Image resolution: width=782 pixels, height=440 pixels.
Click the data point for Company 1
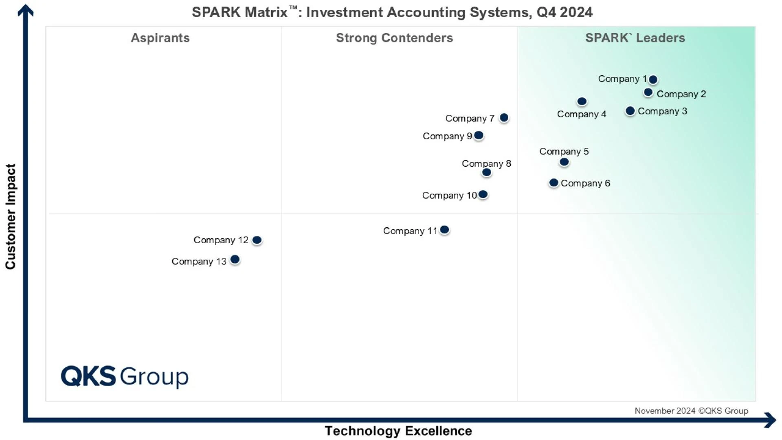pos(653,79)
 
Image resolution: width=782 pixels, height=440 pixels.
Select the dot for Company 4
pos(582,101)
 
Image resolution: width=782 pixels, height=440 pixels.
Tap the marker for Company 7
pos(504,118)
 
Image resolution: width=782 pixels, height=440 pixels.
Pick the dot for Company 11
pos(444,230)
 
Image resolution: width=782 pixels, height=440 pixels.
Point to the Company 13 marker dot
pos(235,260)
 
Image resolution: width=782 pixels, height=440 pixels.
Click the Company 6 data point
pos(554,183)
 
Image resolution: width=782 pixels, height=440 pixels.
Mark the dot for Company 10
pos(483,194)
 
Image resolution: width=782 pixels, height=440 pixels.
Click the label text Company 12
pos(221,240)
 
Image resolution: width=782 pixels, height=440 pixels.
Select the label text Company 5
pos(564,151)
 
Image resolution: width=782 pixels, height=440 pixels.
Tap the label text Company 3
pos(662,111)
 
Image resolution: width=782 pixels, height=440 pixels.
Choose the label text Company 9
pos(447,136)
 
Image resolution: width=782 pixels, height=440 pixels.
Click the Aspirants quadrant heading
pos(160,38)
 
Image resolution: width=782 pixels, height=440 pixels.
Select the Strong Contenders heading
pos(394,38)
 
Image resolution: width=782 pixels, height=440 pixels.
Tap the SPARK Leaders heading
pos(635,38)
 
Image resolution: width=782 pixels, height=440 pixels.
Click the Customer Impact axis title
pos(11,216)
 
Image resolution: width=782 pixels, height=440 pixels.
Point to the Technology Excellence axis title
pos(398,431)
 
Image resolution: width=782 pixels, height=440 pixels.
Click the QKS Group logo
pos(125,376)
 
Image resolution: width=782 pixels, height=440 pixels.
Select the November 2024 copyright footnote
pos(691,411)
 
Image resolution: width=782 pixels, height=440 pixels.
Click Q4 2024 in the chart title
pos(564,12)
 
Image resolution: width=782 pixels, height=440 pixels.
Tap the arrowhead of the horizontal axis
pos(770,420)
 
